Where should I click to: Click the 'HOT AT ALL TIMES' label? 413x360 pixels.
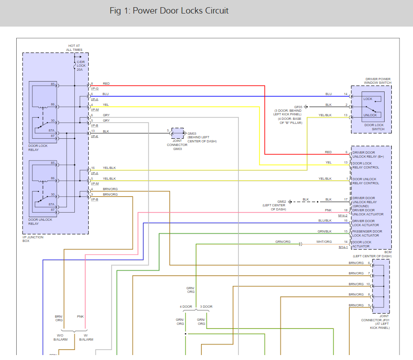pos(75,47)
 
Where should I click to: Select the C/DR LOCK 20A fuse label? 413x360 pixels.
pos(81,66)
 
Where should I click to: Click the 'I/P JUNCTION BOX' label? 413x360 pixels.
pos(33,239)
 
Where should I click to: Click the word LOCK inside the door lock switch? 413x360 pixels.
pos(368,99)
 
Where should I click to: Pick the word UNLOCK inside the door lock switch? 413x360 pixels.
pos(370,115)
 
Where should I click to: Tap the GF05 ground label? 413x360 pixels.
pos(298,107)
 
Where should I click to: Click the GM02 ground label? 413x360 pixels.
pos(282,201)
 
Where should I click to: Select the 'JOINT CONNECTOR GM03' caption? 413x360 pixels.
pos(177,146)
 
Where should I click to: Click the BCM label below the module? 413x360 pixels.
pos(388,252)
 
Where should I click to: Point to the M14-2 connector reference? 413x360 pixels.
pos(343,215)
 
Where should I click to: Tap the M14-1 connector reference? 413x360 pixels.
pos(343,247)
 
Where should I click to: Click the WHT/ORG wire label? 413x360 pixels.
pos(324,242)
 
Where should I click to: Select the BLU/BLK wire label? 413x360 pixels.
pos(325,221)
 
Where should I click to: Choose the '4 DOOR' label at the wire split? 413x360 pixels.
pos(186,307)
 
